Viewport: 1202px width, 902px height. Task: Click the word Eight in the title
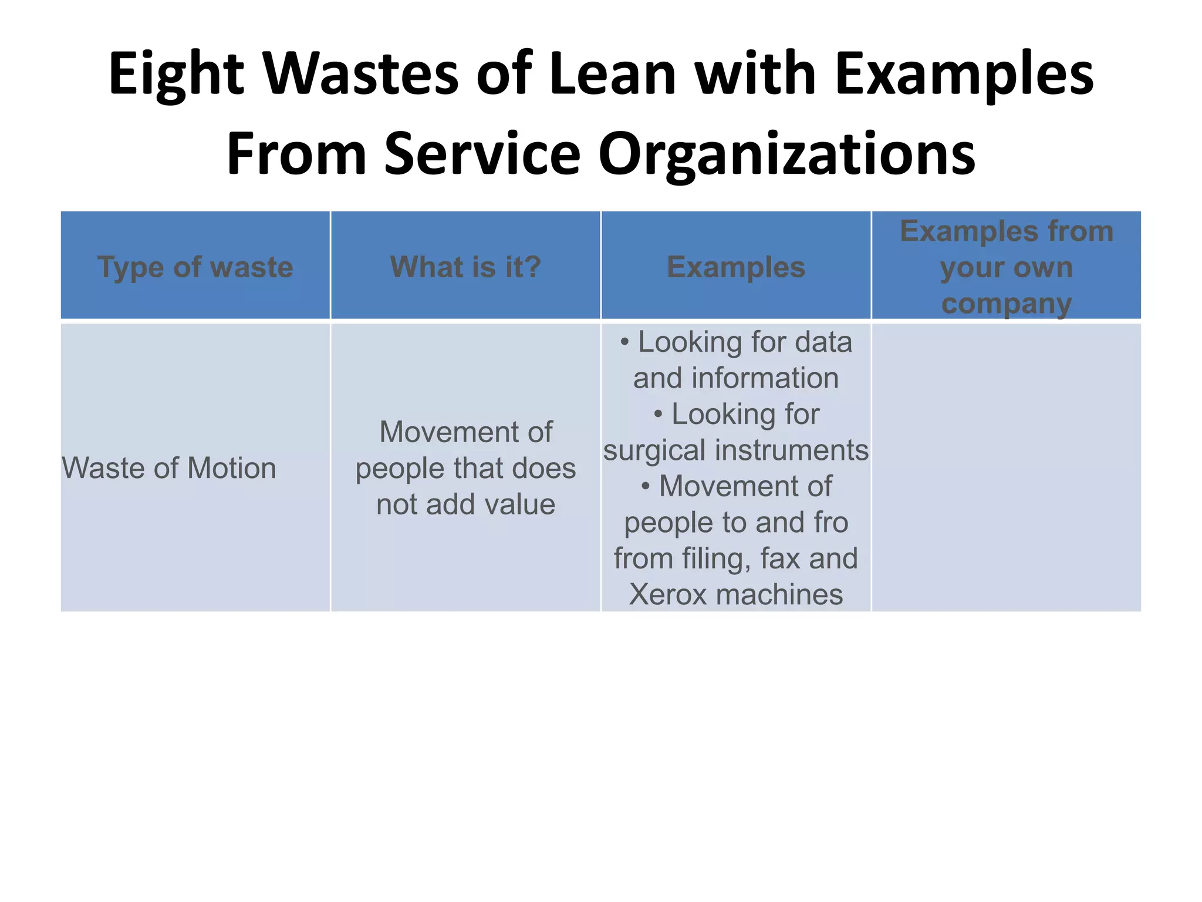[x=175, y=74]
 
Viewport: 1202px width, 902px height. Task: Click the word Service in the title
[x=482, y=154]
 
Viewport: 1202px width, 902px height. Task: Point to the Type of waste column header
[x=195, y=267]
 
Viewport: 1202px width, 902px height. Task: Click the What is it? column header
[x=465, y=267]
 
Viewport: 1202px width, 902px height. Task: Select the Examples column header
[x=736, y=267]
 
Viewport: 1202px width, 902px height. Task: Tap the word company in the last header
[x=1007, y=304]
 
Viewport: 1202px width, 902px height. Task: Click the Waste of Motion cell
[x=169, y=469]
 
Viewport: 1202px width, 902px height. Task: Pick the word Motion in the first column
[x=231, y=469]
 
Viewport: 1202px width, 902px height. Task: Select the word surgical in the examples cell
[x=654, y=450]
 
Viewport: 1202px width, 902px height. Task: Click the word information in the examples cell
[x=765, y=378]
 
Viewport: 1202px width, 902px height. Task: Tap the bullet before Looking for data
[x=624, y=342]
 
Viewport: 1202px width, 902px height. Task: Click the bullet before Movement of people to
[x=646, y=487]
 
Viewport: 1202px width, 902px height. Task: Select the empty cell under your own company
[x=1007, y=467]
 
